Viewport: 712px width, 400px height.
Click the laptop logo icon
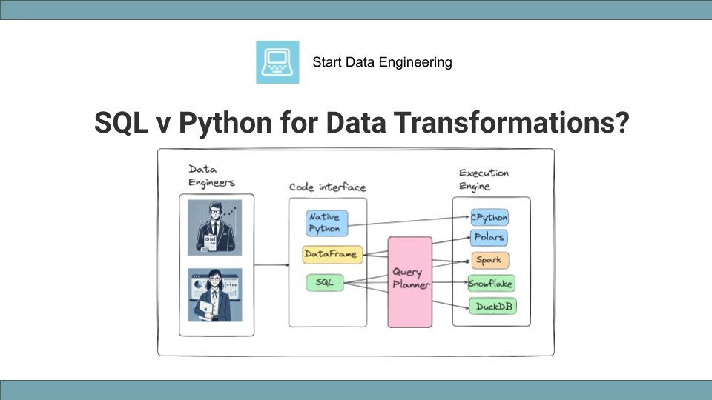point(277,62)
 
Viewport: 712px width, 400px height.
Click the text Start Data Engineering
point(382,62)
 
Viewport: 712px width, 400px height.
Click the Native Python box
point(326,222)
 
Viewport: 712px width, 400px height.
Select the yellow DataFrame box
point(332,254)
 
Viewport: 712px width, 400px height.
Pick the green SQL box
point(325,282)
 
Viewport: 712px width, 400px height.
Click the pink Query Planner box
point(410,281)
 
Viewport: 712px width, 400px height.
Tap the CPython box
point(489,217)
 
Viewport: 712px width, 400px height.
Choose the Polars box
point(489,238)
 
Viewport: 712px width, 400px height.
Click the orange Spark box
point(490,260)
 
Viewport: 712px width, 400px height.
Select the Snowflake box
point(490,283)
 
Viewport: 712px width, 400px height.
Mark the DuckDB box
point(490,305)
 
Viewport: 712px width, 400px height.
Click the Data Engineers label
point(211,176)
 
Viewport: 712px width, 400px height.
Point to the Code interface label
point(327,187)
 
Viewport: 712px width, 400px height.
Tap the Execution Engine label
point(484,179)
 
